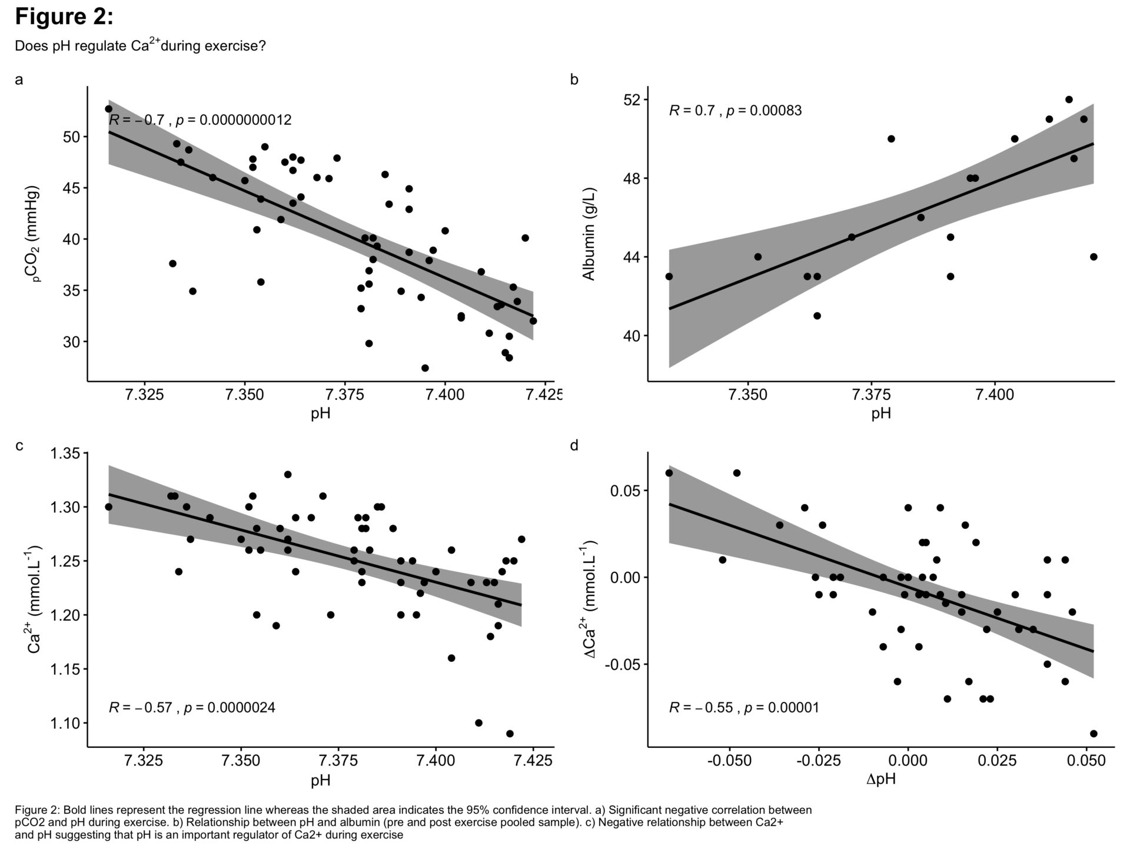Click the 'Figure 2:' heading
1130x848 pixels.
[64, 17]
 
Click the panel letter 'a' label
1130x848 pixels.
[19, 79]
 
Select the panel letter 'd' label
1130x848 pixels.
[574, 446]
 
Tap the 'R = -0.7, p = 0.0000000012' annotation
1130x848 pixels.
[200, 120]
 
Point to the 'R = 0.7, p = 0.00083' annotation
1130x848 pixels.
[735, 110]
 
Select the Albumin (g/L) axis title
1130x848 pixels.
[589, 234]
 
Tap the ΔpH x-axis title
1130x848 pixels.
[881, 780]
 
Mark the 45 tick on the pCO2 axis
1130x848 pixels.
[70, 188]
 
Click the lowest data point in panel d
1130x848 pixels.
[1094, 734]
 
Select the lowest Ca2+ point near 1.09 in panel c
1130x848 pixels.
[510, 734]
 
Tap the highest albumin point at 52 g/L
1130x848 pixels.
[1069, 100]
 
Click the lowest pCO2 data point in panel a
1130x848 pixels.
[425, 368]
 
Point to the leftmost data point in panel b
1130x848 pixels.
[669, 276]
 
